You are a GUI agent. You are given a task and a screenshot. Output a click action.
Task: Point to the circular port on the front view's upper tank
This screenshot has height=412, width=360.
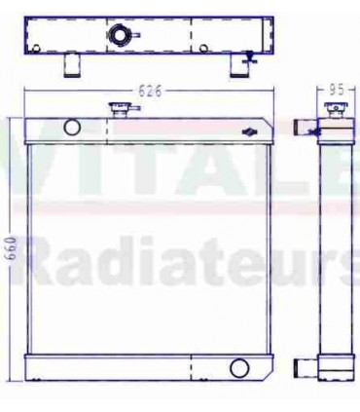(71, 127)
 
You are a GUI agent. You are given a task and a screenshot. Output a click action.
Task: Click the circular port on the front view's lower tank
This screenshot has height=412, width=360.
(237, 367)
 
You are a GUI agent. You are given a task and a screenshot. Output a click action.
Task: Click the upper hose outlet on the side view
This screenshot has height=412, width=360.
(304, 126)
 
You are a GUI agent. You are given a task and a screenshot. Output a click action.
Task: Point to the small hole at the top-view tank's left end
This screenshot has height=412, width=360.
(35, 47)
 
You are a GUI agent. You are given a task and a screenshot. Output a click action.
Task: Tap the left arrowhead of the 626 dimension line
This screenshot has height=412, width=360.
(29, 94)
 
